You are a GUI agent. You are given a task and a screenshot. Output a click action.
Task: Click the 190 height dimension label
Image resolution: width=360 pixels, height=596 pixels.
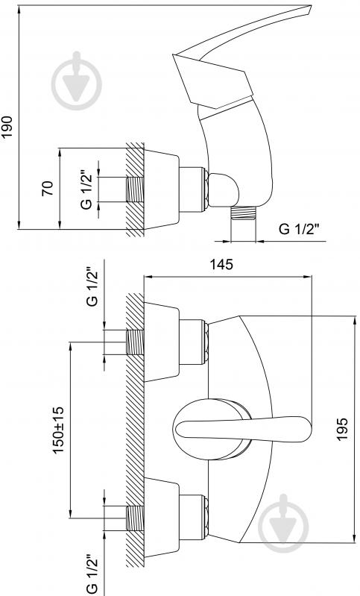point(8,127)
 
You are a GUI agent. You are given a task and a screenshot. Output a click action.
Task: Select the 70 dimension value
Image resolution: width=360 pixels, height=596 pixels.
point(48,189)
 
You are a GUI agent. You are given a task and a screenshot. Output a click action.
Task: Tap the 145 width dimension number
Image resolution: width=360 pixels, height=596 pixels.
point(222,265)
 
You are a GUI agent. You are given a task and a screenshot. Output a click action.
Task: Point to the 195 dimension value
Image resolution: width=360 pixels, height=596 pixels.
point(343,429)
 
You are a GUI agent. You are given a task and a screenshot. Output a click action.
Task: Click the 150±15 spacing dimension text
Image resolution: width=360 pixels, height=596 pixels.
point(58,430)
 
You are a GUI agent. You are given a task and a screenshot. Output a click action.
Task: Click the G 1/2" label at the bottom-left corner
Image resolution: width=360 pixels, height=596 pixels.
point(92,574)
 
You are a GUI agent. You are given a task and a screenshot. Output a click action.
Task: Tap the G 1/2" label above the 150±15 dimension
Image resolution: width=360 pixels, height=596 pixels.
point(92,287)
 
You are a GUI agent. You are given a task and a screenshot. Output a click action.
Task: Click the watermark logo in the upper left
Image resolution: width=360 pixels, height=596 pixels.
point(77,81)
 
